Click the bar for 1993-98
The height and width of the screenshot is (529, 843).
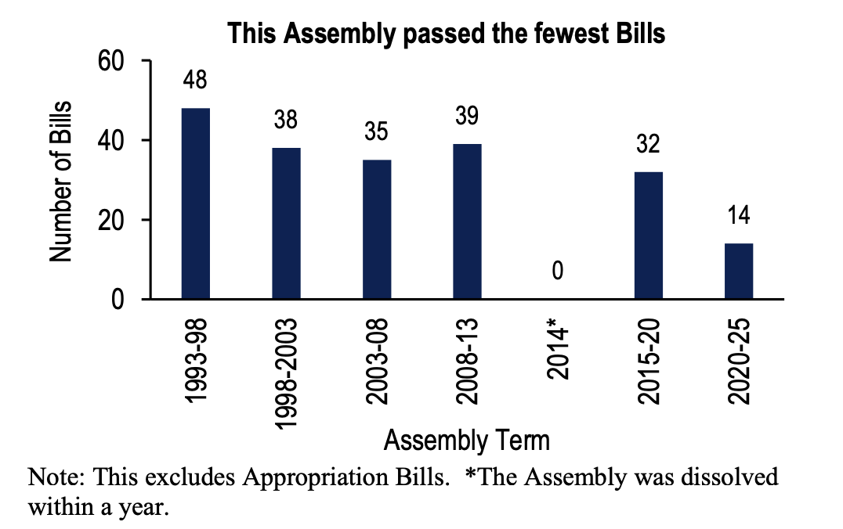tap(195, 203)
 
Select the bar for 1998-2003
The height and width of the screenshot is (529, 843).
tap(286, 223)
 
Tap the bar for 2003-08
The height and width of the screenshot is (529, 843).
tap(377, 229)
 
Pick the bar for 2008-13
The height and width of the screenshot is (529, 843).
tap(468, 221)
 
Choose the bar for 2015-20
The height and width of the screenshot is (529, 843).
tap(649, 236)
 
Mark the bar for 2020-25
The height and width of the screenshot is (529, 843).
tap(739, 272)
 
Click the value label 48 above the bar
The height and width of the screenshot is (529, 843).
tap(195, 81)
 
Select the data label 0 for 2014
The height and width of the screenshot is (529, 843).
tap(558, 272)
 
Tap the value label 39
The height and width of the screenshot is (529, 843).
tap(468, 117)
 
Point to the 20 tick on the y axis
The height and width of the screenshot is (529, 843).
tap(112, 220)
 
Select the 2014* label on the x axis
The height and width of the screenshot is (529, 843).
tap(559, 354)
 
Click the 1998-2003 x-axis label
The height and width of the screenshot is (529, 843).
tap(287, 372)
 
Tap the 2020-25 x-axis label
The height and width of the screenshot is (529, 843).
tap(740, 361)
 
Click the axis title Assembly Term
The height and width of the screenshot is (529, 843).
tap(467, 441)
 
